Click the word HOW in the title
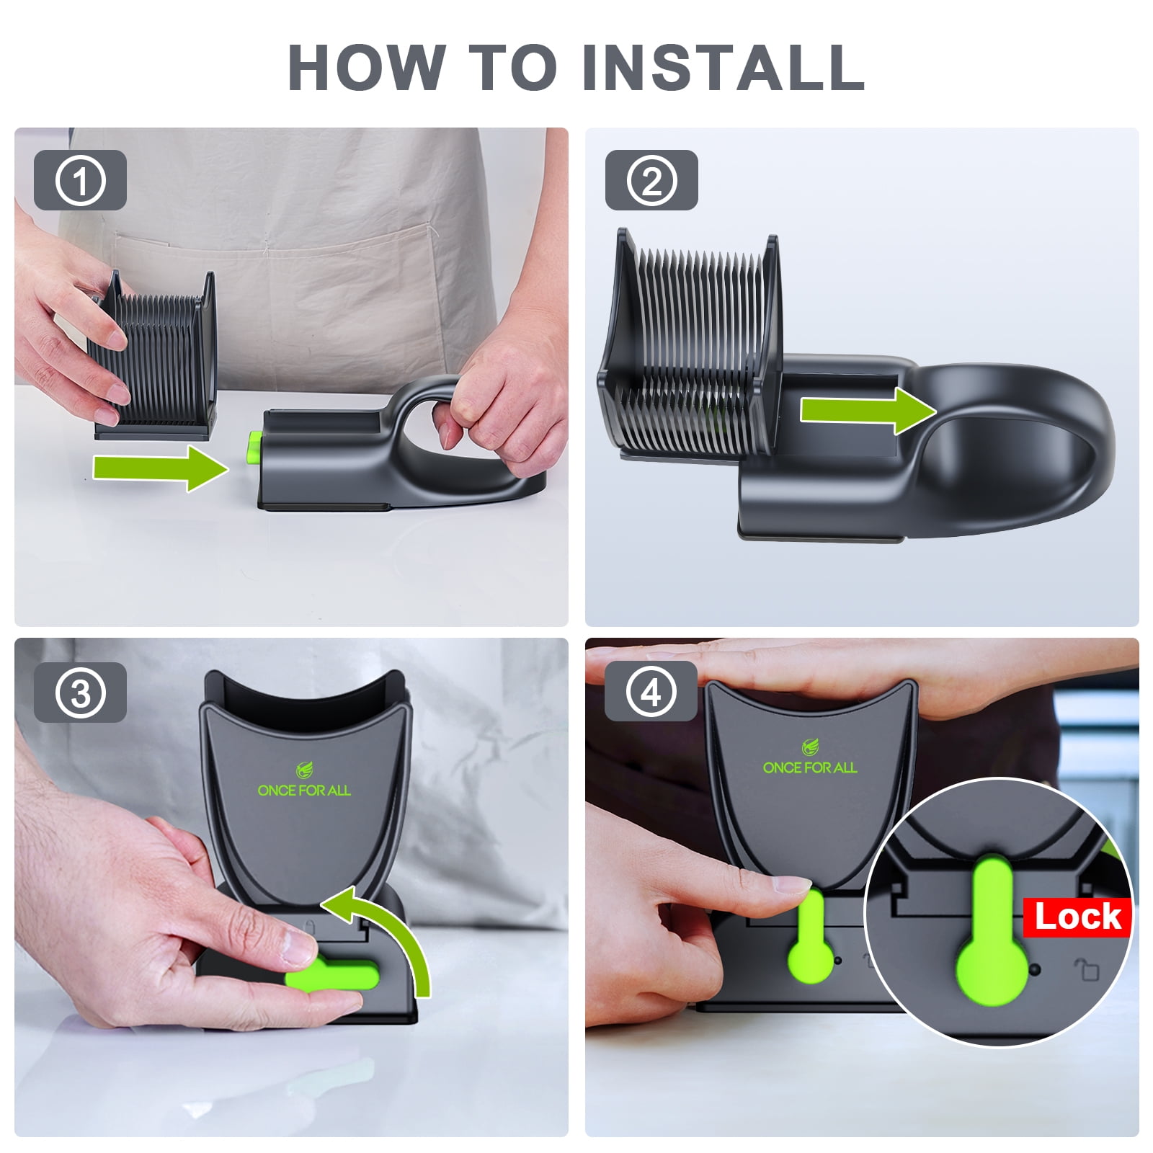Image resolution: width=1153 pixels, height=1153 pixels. click(367, 67)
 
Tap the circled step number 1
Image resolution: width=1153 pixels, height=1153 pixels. click(80, 180)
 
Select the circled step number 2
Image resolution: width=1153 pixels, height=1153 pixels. click(651, 180)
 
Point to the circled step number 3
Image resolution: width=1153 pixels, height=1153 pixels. click(80, 693)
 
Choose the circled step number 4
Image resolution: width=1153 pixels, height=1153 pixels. click(651, 693)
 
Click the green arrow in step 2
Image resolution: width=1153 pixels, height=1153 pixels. click(868, 410)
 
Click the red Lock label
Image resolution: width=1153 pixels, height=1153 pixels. click(1077, 917)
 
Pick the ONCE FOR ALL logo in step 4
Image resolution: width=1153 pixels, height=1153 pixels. click(810, 759)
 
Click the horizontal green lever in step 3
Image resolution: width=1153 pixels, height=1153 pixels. click(332, 977)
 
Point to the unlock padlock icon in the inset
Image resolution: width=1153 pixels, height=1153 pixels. click(1087, 969)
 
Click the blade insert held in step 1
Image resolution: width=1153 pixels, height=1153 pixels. click(153, 355)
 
